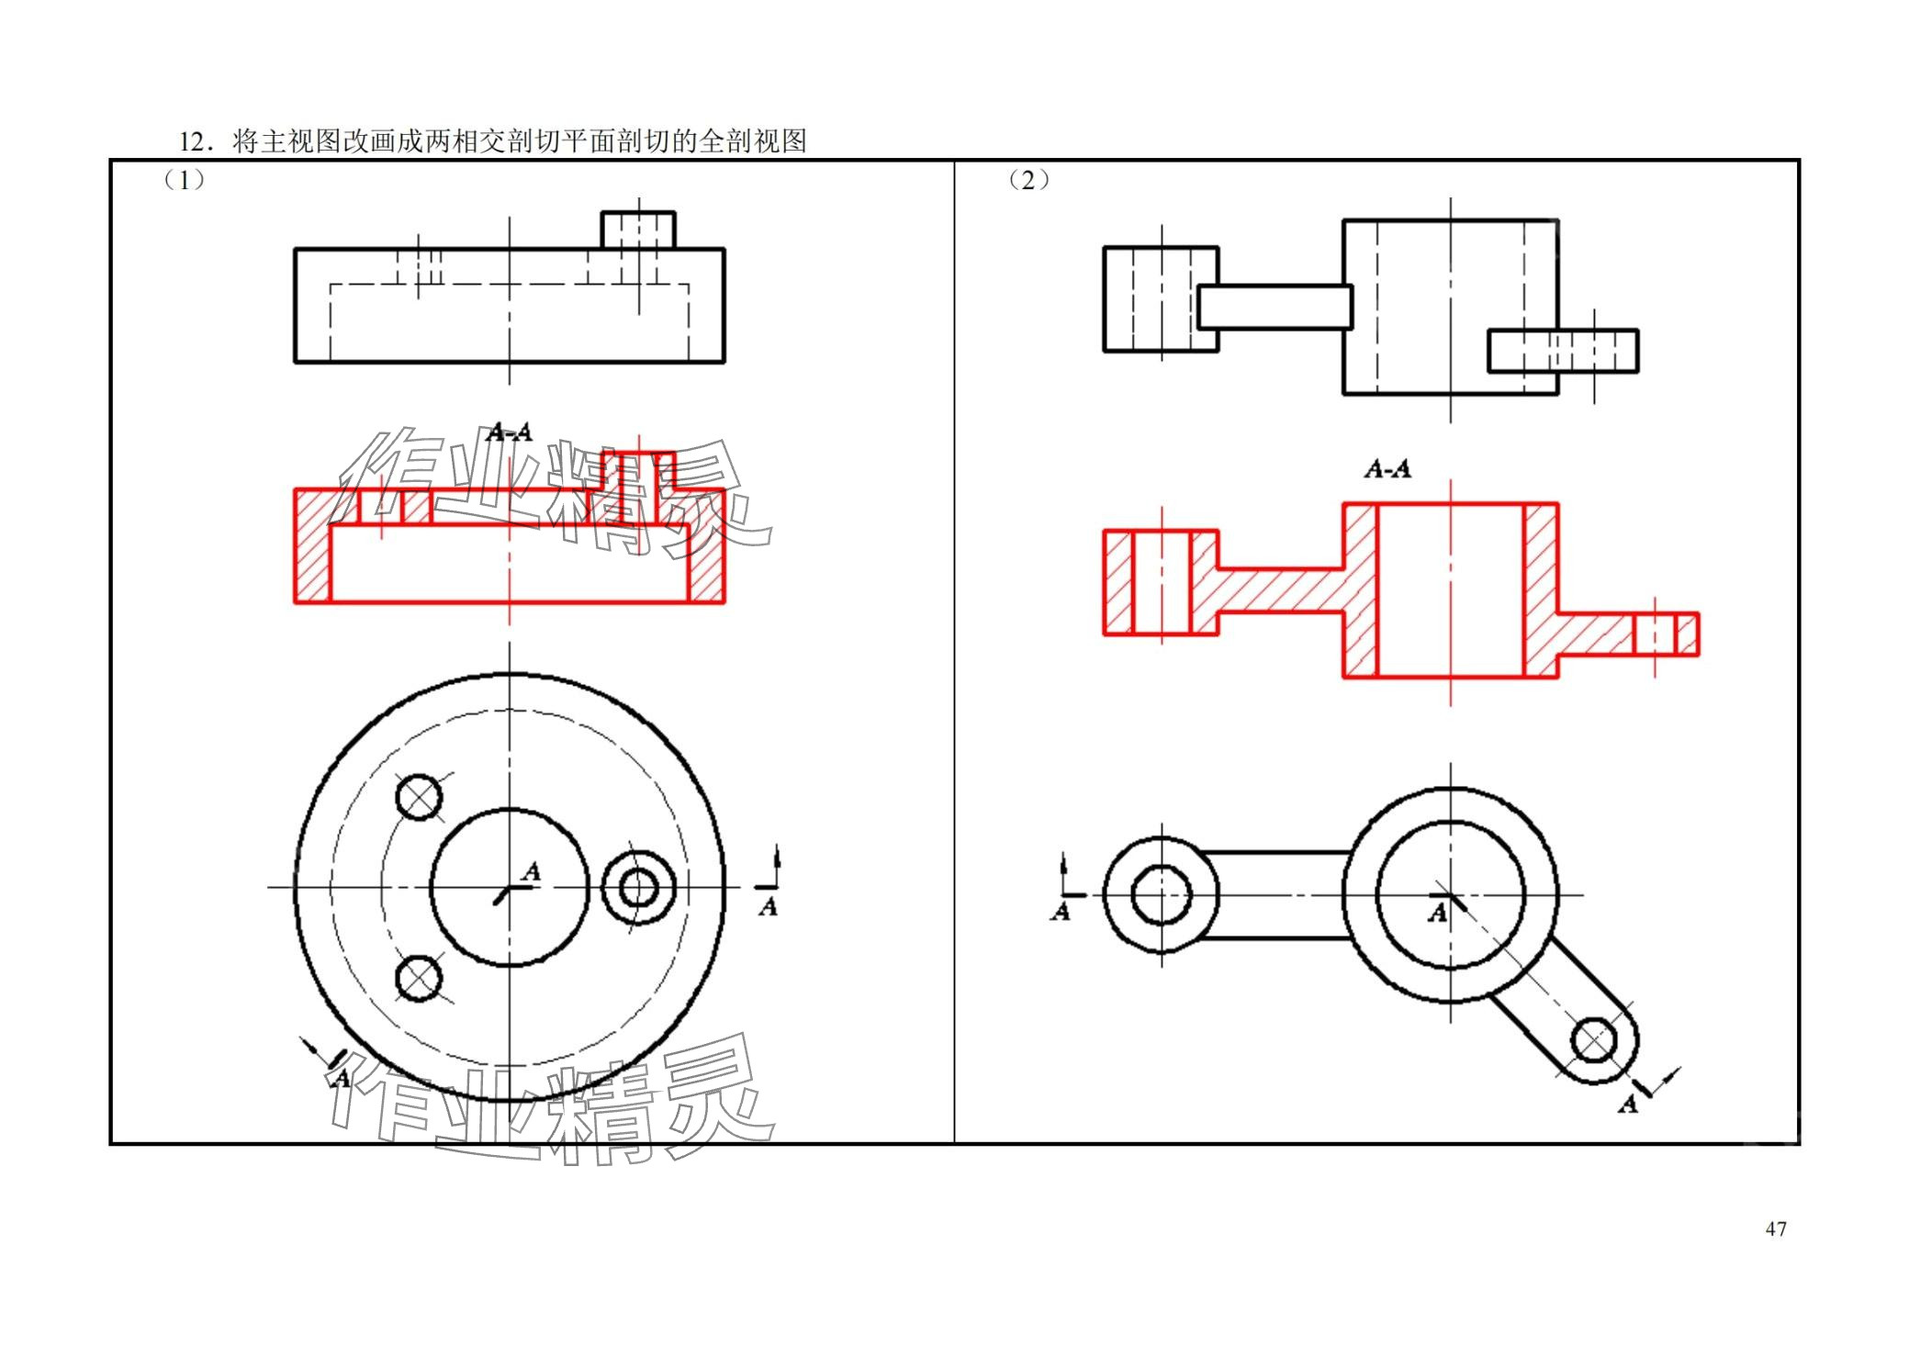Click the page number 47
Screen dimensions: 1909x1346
coord(1775,1228)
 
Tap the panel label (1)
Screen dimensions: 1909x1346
coord(184,180)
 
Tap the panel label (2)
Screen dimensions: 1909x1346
coord(1028,180)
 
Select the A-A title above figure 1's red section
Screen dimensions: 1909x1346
coord(510,432)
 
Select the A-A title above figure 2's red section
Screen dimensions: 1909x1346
coord(1387,469)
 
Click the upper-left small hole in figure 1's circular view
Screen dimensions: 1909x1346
coord(419,796)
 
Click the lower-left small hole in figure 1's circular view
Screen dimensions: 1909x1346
coord(419,979)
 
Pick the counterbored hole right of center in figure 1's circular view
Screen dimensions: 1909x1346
coord(638,888)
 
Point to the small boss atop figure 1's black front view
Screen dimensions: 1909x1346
coord(638,230)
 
